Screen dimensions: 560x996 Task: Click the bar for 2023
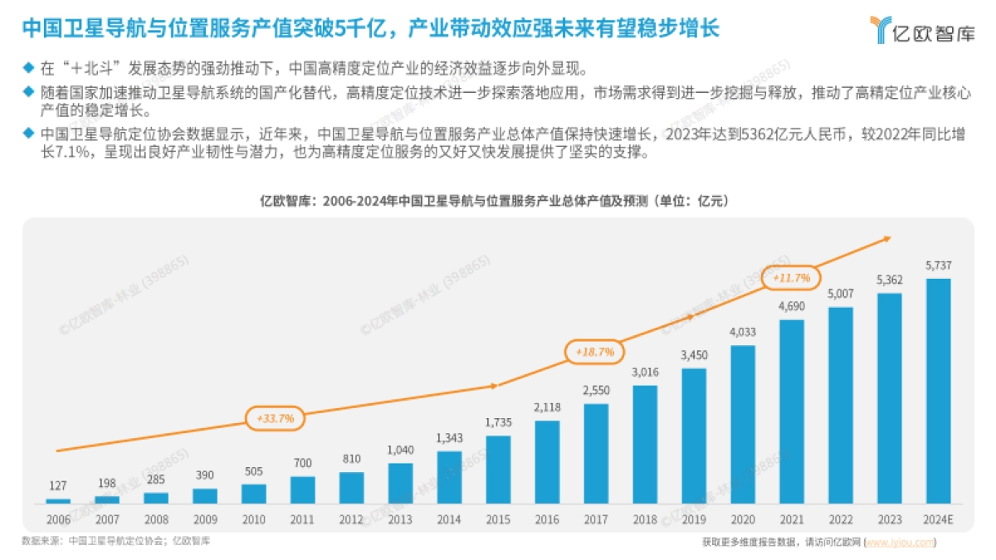pos(889,398)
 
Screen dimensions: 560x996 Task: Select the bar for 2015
pos(499,470)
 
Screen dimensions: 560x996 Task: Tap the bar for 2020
pos(743,424)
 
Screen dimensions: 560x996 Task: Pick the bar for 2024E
pos(938,391)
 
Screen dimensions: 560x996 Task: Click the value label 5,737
pos(938,265)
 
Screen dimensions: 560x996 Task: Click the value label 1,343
pos(450,438)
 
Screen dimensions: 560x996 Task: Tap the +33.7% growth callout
pos(275,419)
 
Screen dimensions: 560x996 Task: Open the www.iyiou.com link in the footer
pos(901,542)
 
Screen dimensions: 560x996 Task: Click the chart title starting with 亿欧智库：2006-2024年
pos(498,201)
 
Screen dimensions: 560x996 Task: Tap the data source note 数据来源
pos(115,540)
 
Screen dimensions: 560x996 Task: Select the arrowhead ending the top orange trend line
pos(886,238)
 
